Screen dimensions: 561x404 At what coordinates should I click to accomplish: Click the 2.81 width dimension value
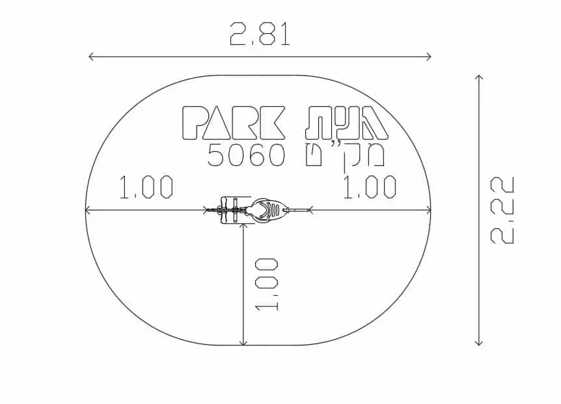(x=260, y=34)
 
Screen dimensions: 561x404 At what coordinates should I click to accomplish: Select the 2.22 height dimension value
(x=502, y=210)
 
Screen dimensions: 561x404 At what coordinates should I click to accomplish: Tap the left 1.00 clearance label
(x=146, y=187)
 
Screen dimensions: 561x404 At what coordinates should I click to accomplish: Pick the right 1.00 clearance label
(x=370, y=187)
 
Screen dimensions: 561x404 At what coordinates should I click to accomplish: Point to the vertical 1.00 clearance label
(x=267, y=284)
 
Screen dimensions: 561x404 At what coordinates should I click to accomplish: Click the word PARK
(x=234, y=122)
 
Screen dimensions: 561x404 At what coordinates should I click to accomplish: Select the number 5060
(x=247, y=155)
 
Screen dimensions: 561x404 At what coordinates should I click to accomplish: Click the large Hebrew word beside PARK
(x=347, y=122)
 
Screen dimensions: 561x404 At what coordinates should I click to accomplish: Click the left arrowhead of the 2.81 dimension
(x=91, y=57)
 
